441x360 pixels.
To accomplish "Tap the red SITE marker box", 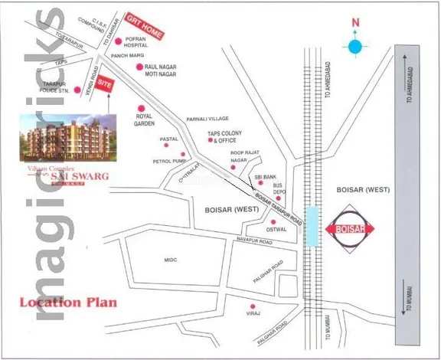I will (x=109, y=80).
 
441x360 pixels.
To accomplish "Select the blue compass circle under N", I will (x=354, y=47).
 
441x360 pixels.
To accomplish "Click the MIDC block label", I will (x=171, y=260).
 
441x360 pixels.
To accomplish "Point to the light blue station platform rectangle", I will (x=312, y=227).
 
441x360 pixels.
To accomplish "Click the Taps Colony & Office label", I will (x=224, y=136).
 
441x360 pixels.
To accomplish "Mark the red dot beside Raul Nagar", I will (x=139, y=68).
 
